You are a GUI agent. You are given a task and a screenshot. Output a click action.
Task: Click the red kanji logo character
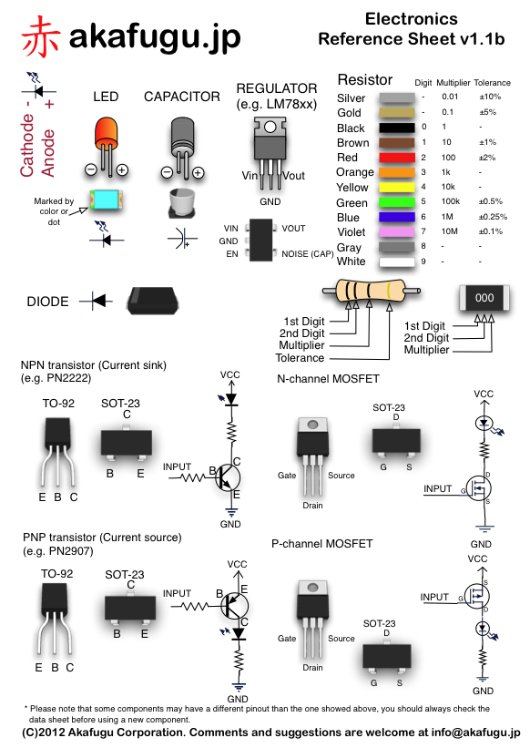pos(40,36)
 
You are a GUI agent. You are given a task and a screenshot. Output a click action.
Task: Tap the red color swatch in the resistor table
pos(396,158)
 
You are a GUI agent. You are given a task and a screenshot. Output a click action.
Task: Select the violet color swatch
pos(396,231)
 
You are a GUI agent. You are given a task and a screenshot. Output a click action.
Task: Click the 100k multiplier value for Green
pos(451,201)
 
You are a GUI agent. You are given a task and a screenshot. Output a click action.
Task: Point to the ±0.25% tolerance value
pos(493,217)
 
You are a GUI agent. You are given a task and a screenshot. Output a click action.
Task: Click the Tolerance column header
pos(492,83)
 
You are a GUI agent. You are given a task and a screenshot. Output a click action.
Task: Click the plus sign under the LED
pos(123,169)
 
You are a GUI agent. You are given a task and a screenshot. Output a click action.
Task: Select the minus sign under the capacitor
pos(167,172)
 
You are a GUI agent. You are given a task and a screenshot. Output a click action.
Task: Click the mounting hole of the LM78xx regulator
pos(270,127)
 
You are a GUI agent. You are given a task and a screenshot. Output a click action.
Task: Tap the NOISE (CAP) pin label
pos(308,254)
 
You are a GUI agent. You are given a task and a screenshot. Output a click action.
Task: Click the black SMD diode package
pos(152,301)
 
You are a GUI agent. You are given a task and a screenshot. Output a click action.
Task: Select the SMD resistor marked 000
pos(484,298)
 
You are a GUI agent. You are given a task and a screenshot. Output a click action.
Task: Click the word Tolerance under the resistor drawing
pos(300,358)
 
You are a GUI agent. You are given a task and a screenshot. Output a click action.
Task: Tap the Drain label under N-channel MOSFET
pos(312,505)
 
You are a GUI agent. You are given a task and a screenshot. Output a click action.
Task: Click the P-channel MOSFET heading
pos(321,544)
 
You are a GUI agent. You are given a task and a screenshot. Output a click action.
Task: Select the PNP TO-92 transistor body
pos(55,599)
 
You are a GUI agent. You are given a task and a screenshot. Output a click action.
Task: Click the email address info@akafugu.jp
pos(475,733)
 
